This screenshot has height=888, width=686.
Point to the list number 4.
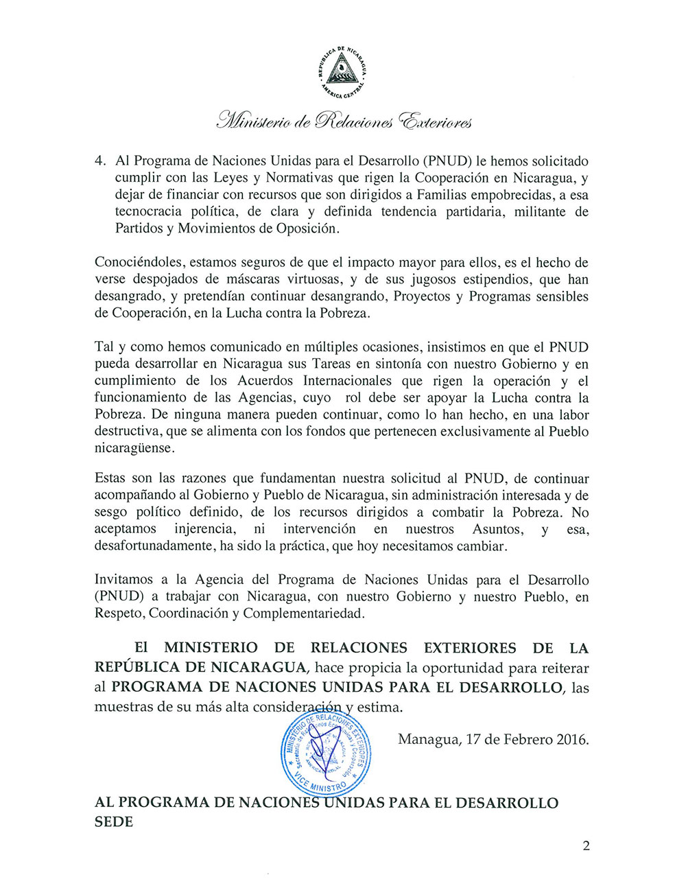(99, 161)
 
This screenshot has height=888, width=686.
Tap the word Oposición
(307, 229)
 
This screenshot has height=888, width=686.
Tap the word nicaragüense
(134, 449)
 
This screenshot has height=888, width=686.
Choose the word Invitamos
(123, 580)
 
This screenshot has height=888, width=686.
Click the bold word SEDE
(113, 821)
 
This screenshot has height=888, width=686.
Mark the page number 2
(586, 846)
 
